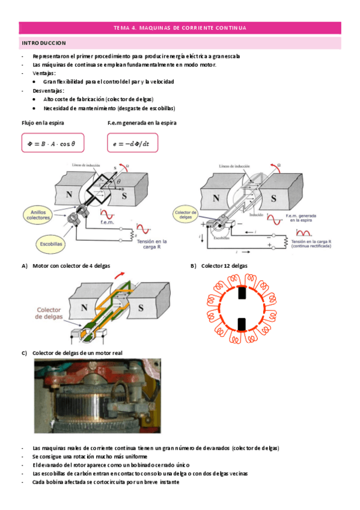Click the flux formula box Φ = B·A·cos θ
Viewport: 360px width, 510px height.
coord(52,143)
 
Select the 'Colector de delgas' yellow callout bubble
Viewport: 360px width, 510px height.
coord(185,215)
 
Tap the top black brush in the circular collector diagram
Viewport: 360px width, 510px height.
coord(242,294)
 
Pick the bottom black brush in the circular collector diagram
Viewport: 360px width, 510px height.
coord(242,324)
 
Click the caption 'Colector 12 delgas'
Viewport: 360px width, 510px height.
coord(224,265)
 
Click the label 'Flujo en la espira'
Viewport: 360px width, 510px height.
coord(43,122)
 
